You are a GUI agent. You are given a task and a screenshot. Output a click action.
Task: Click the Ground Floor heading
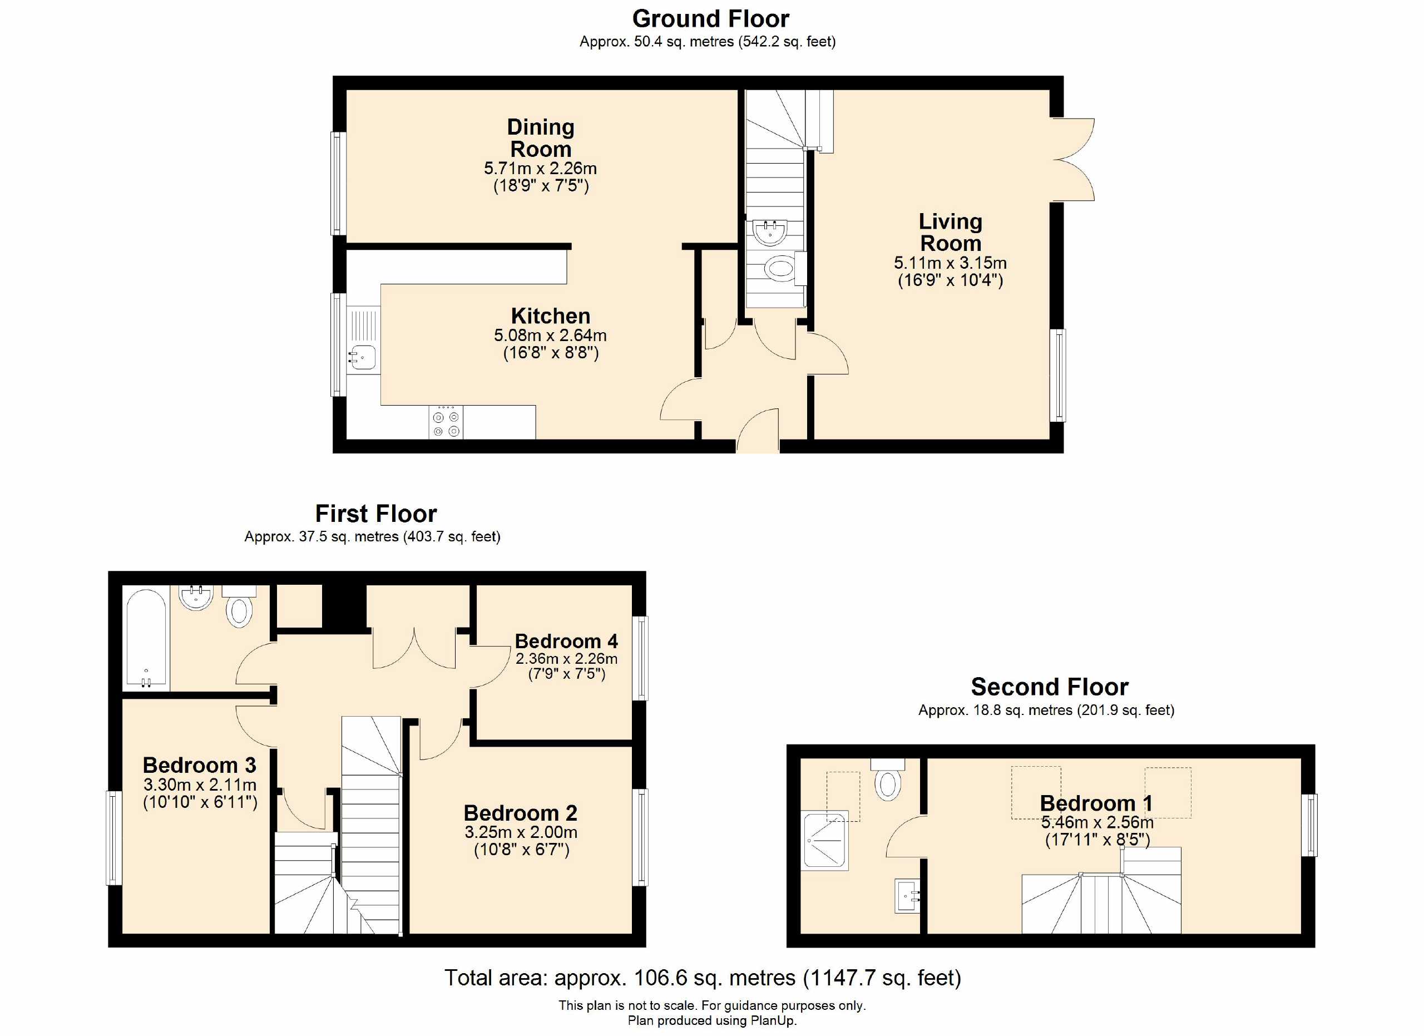click(710, 19)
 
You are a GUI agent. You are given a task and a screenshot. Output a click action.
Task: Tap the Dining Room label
click(541, 138)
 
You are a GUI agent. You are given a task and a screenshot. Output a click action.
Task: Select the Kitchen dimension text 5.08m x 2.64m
click(550, 336)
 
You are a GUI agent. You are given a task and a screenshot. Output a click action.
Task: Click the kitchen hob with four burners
click(446, 422)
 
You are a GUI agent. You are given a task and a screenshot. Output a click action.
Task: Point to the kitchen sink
click(362, 357)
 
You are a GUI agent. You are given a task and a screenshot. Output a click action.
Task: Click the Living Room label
click(950, 233)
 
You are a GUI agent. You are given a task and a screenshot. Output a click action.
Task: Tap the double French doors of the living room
click(1074, 160)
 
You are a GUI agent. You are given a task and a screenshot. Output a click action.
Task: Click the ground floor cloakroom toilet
click(779, 269)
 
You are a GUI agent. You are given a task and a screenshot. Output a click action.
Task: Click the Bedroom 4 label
click(566, 641)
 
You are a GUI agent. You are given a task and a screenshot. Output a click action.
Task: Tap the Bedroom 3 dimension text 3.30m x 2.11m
click(200, 785)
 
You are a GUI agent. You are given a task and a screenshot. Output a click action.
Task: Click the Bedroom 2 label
click(520, 813)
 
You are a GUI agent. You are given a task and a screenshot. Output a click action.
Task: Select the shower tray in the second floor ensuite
click(825, 840)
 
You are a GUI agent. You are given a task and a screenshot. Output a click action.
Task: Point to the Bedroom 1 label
click(1096, 803)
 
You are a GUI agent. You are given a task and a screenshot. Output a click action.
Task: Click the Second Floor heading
click(1049, 687)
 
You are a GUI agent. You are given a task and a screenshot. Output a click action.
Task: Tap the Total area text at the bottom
click(703, 978)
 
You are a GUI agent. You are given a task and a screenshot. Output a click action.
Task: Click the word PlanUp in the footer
click(772, 1020)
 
